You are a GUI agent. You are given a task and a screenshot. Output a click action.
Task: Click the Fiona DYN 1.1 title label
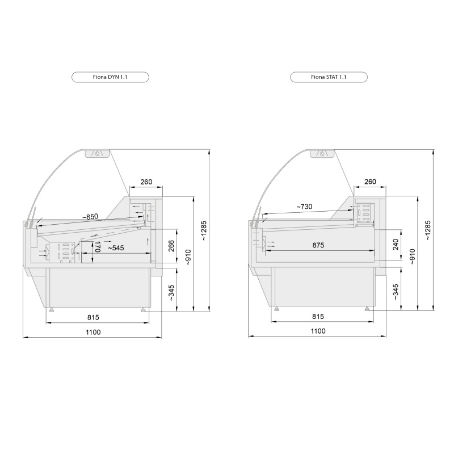coord(110,77)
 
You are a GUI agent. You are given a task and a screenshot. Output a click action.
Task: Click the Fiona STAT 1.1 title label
coord(329,77)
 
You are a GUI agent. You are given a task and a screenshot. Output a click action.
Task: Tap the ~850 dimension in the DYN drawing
coord(90,217)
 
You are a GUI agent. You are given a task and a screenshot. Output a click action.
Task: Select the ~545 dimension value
coord(116,248)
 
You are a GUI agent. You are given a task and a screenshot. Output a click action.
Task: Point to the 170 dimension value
coord(97,246)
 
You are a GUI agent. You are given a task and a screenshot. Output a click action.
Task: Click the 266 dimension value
coord(171,246)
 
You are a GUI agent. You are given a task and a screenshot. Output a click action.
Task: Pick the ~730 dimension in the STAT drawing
coord(304,207)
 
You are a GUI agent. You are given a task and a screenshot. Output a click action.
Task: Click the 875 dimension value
coord(318,245)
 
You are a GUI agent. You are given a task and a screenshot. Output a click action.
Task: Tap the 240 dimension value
coord(396,245)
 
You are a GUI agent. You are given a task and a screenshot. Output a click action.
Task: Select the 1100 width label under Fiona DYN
coord(93,332)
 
